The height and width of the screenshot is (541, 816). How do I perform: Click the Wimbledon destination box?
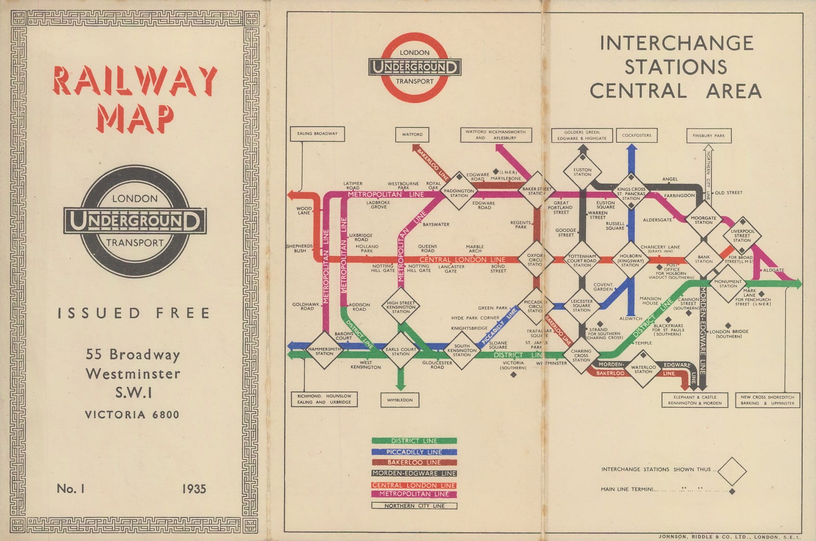point(400,400)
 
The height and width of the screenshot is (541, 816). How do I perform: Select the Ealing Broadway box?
point(317,134)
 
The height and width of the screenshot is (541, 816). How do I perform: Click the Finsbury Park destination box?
point(708,136)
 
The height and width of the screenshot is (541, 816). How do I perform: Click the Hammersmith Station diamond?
point(324,351)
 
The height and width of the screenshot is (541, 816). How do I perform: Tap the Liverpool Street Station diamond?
point(742,236)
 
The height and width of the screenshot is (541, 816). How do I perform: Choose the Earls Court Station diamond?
point(400,351)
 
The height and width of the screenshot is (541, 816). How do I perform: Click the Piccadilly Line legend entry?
point(414,452)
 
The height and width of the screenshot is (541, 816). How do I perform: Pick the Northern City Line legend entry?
point(414,506)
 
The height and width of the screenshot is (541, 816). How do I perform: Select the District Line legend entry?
point(414,441)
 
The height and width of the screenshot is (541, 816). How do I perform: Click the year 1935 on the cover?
point(194,489)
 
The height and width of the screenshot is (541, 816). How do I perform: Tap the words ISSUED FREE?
point(134,313)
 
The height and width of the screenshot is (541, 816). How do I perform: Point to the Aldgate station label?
point(773,270)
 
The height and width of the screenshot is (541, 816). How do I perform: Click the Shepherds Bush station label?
point(299,248)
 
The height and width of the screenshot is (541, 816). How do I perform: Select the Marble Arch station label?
point(475,249)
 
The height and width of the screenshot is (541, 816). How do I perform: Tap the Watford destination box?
point(412,135)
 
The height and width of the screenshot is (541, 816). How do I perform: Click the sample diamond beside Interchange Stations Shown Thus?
point(731,471)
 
